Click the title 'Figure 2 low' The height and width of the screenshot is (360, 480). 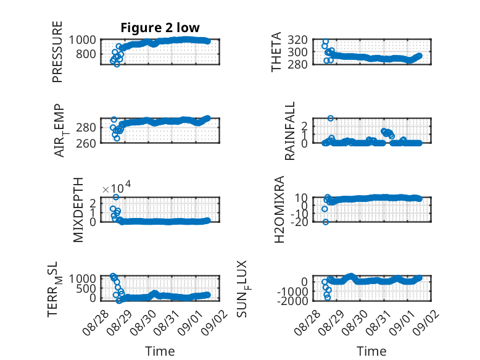(x=160, y=28)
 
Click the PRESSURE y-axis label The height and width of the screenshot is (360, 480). (x=57, y=52)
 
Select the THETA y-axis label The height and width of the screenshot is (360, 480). (x=276, y=52)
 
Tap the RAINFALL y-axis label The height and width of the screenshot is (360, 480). (x=289, y=131)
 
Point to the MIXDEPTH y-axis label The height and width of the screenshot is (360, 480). (x=78, y=210)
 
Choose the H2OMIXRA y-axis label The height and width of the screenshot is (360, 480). (x=279, y=209)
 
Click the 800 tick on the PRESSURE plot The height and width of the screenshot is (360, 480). (x=85, y=54)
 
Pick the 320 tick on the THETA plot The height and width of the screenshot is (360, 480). (x=297, y=40)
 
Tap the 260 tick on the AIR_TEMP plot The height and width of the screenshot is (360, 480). (x=86, y=143)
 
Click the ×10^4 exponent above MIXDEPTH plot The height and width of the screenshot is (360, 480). (x=117, y=188)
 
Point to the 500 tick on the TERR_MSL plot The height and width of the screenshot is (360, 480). (x=86, y=288)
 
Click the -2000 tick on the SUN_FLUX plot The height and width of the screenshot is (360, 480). (x=292, y=301)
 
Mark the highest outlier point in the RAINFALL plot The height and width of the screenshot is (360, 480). (x=330, y=119)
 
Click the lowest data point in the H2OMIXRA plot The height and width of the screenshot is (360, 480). (x=326, y=222)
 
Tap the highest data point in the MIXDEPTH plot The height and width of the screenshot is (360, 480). (x=116, y=197)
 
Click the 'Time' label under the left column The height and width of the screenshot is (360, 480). (x=160, y=351)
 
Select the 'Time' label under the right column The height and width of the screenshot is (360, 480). (x=371, y=351)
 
